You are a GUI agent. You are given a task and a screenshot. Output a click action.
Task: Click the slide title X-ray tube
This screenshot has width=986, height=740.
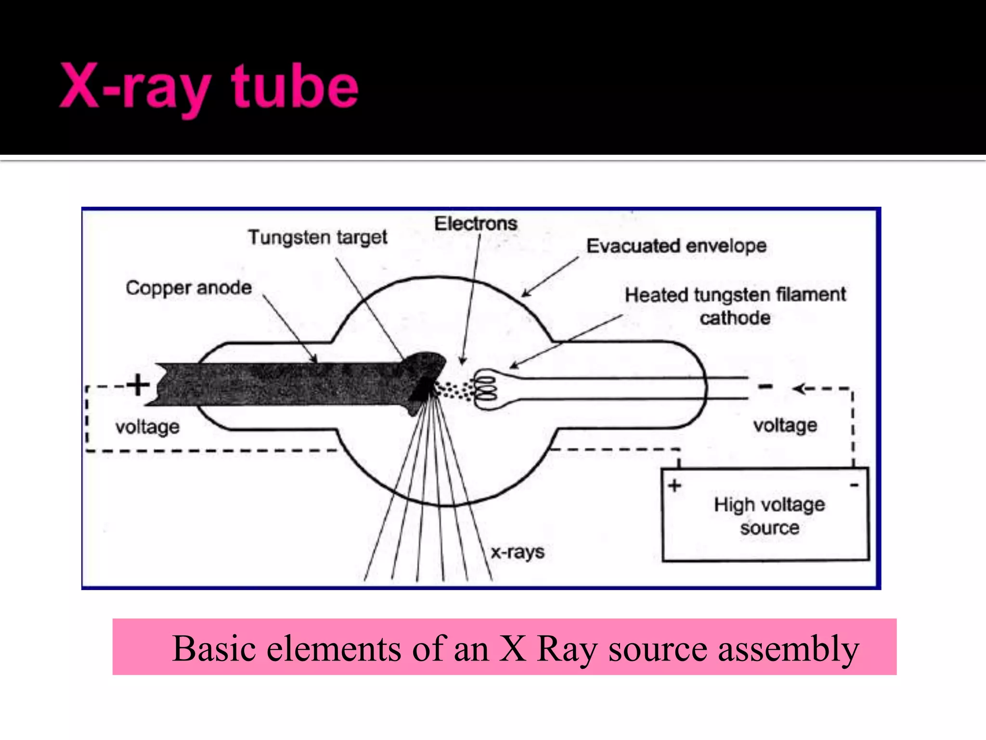coord(208,88)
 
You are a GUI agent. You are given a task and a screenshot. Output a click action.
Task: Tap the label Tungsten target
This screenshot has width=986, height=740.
coord(317,238)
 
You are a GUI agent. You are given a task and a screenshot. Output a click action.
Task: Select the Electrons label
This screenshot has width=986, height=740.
coord(475,224)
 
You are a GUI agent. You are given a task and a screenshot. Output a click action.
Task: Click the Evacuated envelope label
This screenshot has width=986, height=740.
coord(676,246)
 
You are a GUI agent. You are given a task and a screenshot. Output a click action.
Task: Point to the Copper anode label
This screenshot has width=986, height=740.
coord(189,288)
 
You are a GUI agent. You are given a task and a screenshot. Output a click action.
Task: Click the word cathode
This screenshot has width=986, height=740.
coord(735,318)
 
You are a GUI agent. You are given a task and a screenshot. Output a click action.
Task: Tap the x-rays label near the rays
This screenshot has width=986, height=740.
coord(517,552)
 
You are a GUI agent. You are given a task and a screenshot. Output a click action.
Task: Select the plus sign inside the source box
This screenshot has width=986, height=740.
coord(675,485)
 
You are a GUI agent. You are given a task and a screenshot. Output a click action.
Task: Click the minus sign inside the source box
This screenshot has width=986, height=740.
coord(854,485)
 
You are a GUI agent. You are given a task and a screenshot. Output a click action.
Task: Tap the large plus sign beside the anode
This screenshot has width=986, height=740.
coord(138,385)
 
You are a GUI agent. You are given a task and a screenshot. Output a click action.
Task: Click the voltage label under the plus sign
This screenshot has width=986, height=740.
coord(147,427)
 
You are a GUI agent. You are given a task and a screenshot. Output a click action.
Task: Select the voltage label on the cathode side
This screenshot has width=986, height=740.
coord(785,425)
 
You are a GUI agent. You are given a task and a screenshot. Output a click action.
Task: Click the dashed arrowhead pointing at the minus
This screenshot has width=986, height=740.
coord(799,389)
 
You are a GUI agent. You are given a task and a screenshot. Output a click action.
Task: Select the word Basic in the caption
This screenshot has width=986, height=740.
coord(214,648)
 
